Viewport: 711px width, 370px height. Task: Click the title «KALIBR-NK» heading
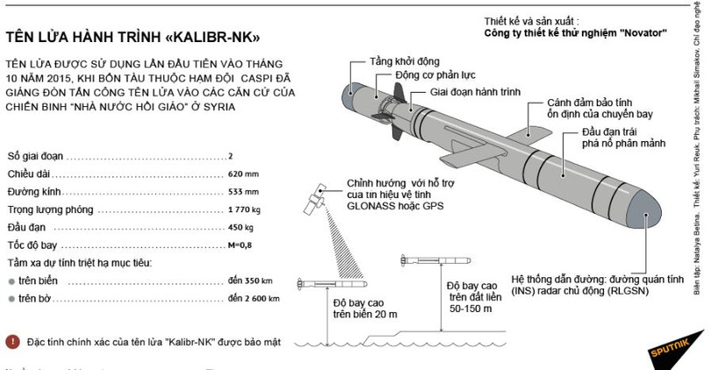[133, 39]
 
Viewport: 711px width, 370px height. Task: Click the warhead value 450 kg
[243, 229]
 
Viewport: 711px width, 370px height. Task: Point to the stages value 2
[230, 156]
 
